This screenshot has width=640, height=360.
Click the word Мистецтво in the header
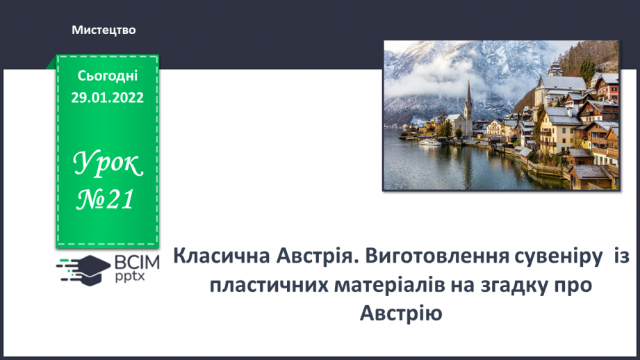tap(103, 30)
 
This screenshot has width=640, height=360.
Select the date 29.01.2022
tap(107, 97)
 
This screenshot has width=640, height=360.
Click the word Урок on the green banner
tap(108, 165)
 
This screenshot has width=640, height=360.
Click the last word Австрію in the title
tap(401, 313)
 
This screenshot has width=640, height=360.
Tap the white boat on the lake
tap(431, 142)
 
